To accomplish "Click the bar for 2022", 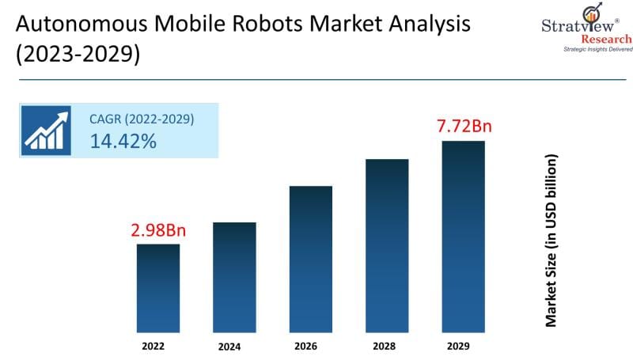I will pos(158,288).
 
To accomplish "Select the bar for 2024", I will pos(234,277).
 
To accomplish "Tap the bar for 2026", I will pos(311,259).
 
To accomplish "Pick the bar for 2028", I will pos(387,245).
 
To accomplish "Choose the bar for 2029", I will pos(463,237).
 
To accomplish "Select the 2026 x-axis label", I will pos(311,347).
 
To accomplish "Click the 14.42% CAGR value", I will pos(123,142).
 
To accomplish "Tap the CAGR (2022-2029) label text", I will pos(142,119).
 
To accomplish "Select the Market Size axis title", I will pos(552,241).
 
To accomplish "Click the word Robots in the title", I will pos(258,24).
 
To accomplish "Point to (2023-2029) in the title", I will pos(76,56).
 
